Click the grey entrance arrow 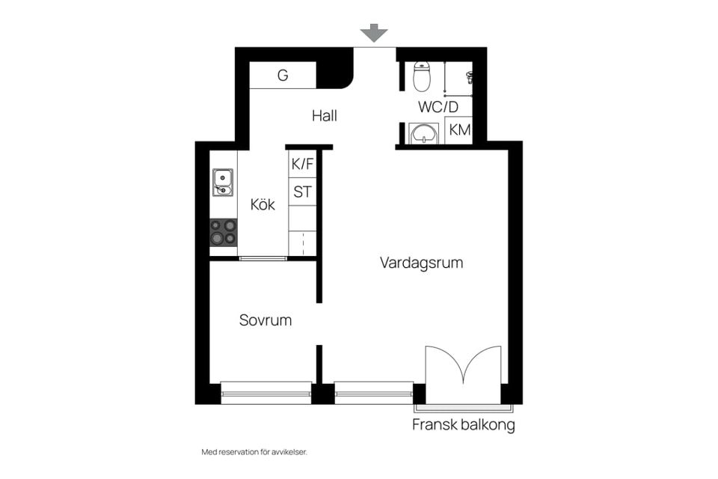[374, 33]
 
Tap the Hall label [324, 115]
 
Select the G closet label [283, 75]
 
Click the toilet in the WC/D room [422, 76]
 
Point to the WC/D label [438, 107]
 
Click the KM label [459, 130]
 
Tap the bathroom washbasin [424, 133]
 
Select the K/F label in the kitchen [302, 164]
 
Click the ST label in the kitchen [302, 192]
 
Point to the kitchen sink [223, 183]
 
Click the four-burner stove [224, 232]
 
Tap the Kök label [263, 204]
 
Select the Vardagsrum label [421, 263]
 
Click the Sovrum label [265, 320]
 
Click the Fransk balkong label [464, 425]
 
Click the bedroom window [266, 392]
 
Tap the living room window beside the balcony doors [374, 392]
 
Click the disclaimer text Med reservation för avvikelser [254, 452]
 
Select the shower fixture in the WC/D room [470, 78]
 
